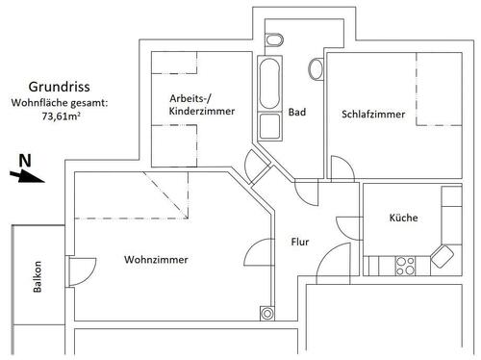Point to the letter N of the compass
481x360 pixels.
click(x=26, y=159)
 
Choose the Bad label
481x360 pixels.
click(x=297, y=113)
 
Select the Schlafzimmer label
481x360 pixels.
click(x=372, y=115)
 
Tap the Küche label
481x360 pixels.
click(x=403, y=218)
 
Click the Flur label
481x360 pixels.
click(x=299, y=242)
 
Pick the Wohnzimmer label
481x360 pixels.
click(x=155, y=260)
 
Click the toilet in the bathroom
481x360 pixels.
click(x=273, y=40)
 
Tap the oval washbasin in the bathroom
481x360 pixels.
click(x=316, y=68)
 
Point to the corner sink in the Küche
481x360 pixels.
click(x=443, y=256)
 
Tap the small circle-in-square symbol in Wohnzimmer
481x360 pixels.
click(x=266, y=312)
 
